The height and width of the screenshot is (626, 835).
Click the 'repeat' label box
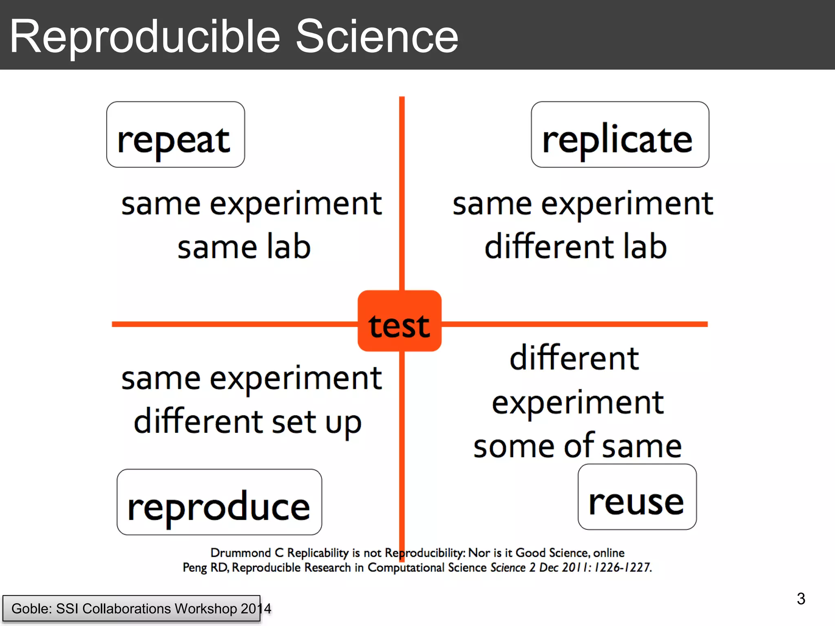point(175,135)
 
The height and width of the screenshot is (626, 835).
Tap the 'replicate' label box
point(620,135)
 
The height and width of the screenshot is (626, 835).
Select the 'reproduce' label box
point(219,502)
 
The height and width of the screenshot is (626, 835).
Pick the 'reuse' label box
point(637,497)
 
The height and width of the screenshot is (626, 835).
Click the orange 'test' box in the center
point(400,321)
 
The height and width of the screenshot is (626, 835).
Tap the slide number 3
point(801,599)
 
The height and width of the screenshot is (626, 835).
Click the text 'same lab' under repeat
point(244,247)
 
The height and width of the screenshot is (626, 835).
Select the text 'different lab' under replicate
point(575,247)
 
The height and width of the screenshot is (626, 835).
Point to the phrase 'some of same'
point(577,446)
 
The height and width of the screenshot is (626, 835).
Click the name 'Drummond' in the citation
point(241,553)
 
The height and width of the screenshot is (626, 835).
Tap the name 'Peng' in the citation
point(195,568)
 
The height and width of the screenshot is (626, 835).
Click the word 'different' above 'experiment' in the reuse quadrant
point(574,358)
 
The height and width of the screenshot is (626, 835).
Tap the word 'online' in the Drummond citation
point(609,553)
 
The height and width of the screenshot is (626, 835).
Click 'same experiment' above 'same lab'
point(252,204)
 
